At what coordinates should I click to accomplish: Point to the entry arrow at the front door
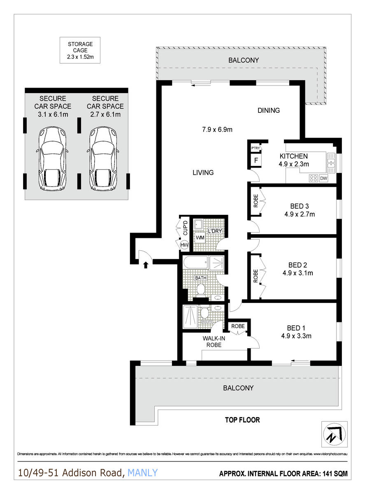pos(145,265)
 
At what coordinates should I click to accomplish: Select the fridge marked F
pos(255,160)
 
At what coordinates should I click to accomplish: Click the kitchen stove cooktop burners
pos(314,178)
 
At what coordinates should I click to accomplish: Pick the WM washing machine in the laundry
pos(200,238)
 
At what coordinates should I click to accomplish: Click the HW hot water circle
pos(184,245)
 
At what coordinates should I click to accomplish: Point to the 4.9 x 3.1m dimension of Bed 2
pos(298,273)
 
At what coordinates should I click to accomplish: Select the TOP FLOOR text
pos(242,420)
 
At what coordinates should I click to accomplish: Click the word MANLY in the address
pos(142,473)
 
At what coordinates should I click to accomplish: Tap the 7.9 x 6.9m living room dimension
pos(217,130)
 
